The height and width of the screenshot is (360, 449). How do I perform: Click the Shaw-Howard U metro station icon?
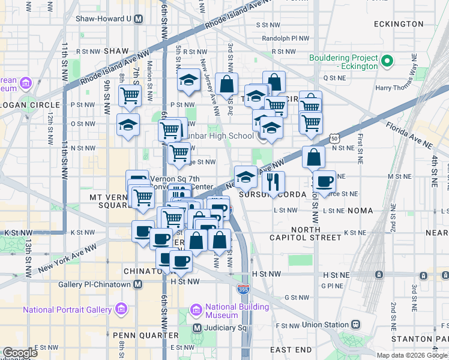tap(138, 19)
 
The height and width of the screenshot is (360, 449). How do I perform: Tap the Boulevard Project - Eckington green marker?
tap(387, 61)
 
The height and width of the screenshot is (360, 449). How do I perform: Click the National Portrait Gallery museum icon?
tap(121, 310)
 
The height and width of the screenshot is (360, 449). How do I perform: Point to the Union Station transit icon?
tap(355, 325)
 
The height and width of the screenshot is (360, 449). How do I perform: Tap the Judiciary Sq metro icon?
tap(197, 328)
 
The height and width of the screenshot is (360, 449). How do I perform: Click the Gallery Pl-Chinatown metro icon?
tap(138, 284)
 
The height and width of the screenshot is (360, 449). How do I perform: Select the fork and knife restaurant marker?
tap(273, 182)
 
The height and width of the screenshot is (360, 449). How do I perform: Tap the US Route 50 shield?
tap(334, 139)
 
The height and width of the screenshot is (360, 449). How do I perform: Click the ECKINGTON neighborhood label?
tap(399, 24)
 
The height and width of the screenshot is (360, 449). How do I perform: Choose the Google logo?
tap(20, 353)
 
